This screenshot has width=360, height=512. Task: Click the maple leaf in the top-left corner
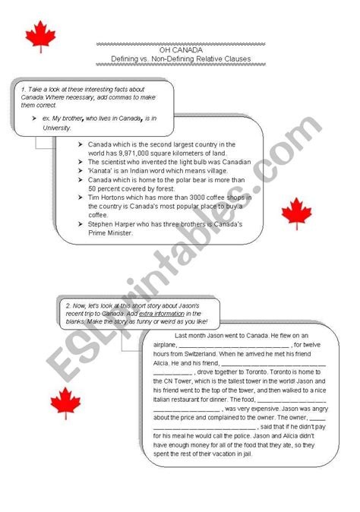point(41,36)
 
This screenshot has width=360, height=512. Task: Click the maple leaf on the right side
point(296,213)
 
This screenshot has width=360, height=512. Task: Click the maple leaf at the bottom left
point(65,403)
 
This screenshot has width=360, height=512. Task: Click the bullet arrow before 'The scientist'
point(81,162)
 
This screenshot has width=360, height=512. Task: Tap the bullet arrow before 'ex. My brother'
point(35,119)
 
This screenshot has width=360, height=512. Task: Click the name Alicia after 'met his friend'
point(166,362)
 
